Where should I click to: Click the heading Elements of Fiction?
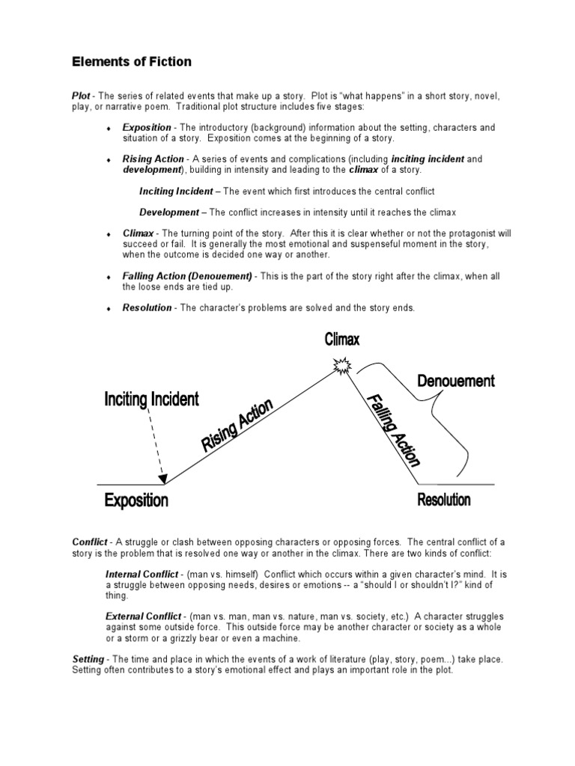tap(132, 62)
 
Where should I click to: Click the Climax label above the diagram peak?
tap(342, 340)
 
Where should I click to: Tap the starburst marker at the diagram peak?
tap(342, 367)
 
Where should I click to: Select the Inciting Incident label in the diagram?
tap(152, 399)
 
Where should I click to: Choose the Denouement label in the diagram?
tap(455, 381)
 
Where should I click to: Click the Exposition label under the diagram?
tap(136, 500)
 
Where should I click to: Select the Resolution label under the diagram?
tap(444, 500)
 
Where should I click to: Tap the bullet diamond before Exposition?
tap(109, 129)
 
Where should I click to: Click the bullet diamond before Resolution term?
tap(109, 308)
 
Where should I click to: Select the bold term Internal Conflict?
tap(142, 574)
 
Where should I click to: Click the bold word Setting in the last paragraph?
tap(88, 661)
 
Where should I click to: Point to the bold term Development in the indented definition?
tap(169, 212)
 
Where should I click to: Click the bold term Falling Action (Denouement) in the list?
tap(188, 277)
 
